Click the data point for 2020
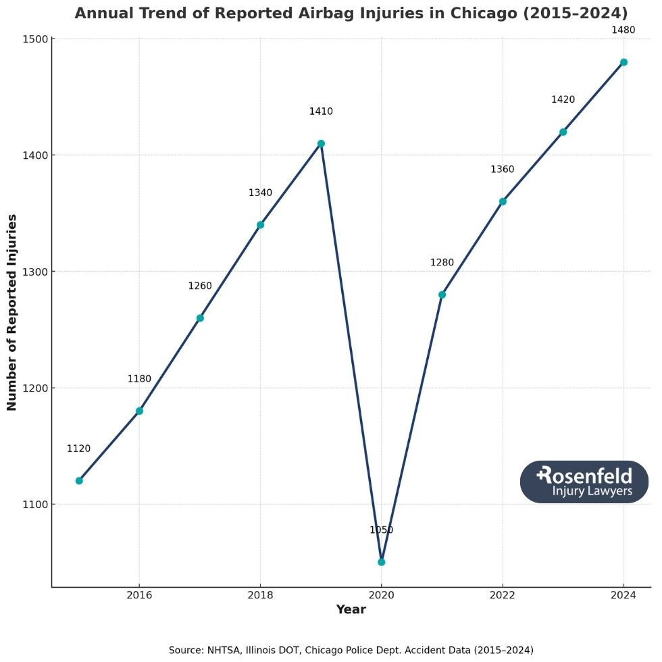381,561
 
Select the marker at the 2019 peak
321,143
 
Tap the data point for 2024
623,62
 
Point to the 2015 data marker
79,480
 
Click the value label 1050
381,530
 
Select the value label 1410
321,111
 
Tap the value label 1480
623,30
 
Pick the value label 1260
200,286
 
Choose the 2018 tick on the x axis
260,595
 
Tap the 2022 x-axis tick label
503,595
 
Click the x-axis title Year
351,610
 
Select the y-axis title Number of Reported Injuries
12,312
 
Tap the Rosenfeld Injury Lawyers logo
584,482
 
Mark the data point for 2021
442,295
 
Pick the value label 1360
502,169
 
